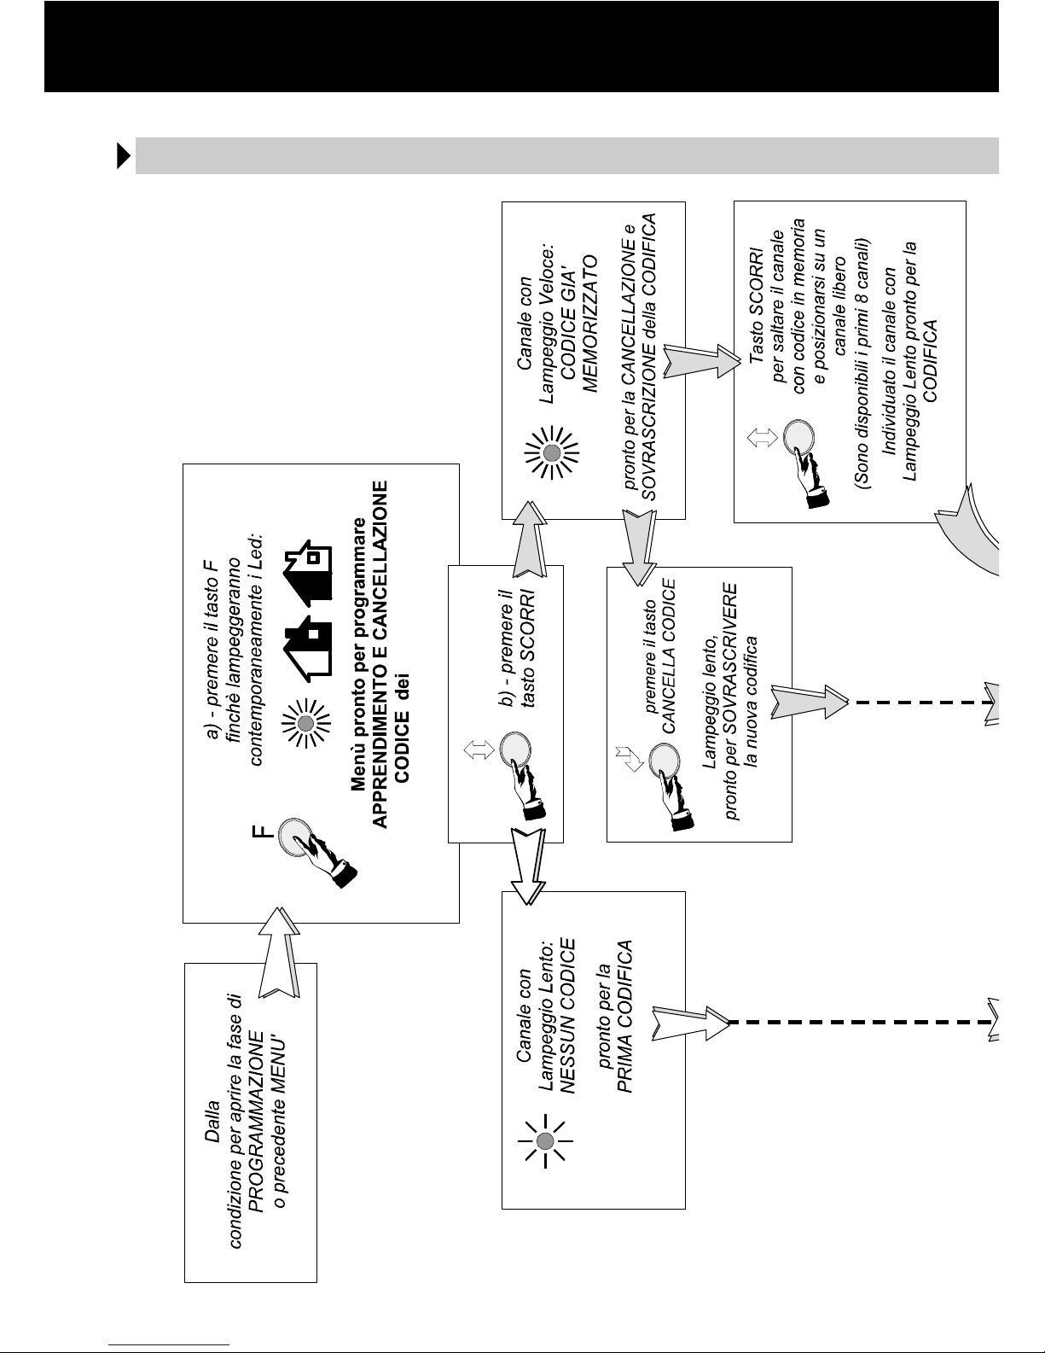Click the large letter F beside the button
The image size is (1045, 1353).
tap(263, 831)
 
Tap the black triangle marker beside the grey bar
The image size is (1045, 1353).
tap(123, 155)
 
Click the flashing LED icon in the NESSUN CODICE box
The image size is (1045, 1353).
tap(545, 1140)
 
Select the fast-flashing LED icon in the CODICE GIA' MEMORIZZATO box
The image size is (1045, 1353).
tap(552, 452)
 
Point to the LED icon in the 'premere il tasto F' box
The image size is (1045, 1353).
tap(305, 723)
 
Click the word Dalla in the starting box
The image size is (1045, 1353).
tap(212, 1121)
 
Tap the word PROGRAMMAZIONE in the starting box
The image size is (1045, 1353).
tap(256, 1122)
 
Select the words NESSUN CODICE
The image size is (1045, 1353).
tap(567, 1016)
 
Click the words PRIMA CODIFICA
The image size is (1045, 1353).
tap(624, 1016)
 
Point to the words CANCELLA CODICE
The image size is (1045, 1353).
tap(669, 656)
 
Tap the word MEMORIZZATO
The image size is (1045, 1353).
tap(589, 324)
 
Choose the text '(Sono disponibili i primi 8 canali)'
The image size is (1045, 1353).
tap(862, 363)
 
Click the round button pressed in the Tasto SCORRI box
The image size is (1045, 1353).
tap(798, 438)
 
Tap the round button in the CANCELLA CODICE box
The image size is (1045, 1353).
tap(664, 761)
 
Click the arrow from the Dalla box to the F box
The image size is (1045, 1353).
tap(279, 952)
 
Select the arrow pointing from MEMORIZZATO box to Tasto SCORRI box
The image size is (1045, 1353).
tap(701, 361)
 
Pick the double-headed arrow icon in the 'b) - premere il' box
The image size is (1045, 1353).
tap(479, 749)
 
